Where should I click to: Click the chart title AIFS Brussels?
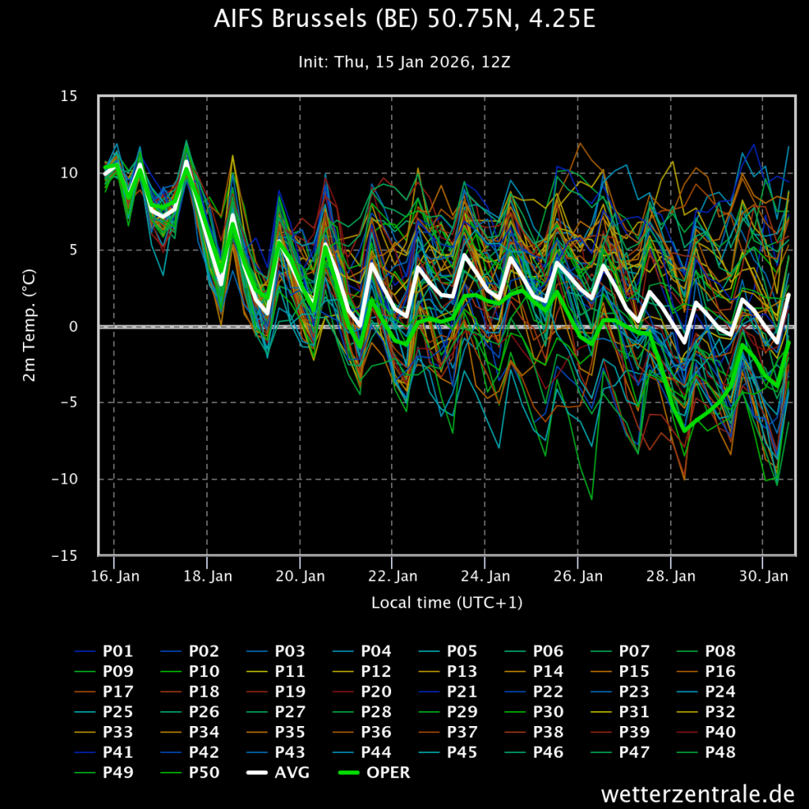tap(404, 19)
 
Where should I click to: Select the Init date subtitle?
tap(404, 62)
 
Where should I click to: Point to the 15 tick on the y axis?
tap(69, 96)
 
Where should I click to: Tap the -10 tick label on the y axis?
tap(65, 479)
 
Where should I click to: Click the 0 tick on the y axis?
tap(73, 326)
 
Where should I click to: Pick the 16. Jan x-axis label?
tap(115, 576)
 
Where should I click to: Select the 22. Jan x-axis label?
tap(393, 576)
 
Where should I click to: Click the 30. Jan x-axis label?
tap(764, 576)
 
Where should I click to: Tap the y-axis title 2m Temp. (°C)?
tap(29, 325)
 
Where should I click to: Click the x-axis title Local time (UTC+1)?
tap(447, 603)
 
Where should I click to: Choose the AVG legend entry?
tap(278, 773)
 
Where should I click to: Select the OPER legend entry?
tap(374, 773)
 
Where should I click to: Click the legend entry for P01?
tap(103, 651)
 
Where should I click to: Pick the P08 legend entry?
tap(706, 651)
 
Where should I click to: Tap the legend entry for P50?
tap(190, 773)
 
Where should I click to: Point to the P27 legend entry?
tap(276, 712)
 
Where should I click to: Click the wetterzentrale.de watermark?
tap(698, 793)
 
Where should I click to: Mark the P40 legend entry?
tap(706, 732)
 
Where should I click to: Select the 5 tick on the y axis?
tap(73, 250)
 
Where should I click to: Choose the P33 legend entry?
tap(103, 732)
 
